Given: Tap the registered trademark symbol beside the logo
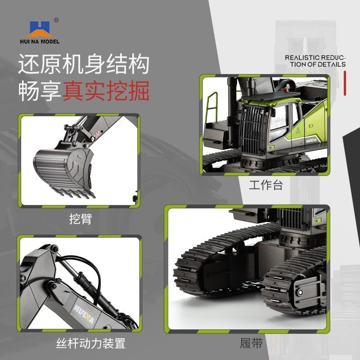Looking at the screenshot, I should point(56,20).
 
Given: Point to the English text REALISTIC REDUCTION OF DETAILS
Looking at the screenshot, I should point(315,61).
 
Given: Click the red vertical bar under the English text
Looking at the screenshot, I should point(344,83).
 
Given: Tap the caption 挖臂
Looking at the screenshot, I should point(81,219).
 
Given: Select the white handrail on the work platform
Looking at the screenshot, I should point(211,108).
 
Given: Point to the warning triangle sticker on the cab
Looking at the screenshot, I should point(297,130).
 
